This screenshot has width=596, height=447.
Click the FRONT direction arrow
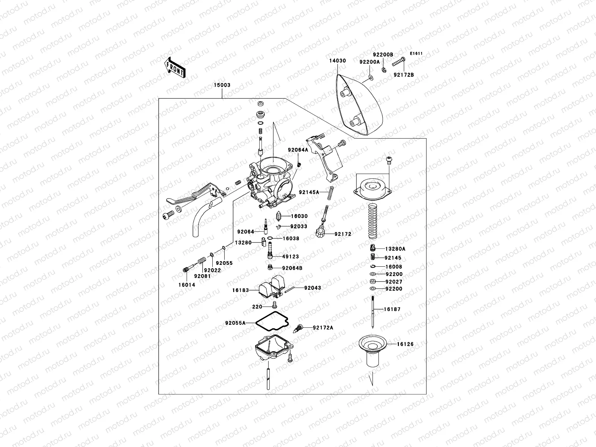[175, 67]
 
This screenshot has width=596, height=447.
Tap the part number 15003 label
[222, 85]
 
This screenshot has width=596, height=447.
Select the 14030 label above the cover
[337, 60]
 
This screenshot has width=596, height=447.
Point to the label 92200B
[383, 54]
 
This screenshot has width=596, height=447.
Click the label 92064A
[298, 150]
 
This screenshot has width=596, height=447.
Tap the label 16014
[187, 285]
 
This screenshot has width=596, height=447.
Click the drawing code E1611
[416, 54]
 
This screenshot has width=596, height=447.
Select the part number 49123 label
[291, 257]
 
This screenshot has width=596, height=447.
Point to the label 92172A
[323, 327]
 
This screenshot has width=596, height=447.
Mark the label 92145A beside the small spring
[309, 193]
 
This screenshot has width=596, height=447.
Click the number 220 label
[257, 307]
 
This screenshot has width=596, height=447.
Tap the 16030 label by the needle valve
[299, 216]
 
